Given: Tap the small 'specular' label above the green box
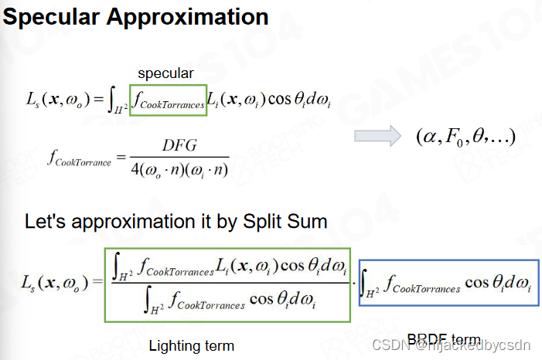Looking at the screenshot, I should pyautogui.click(x=165, y=73).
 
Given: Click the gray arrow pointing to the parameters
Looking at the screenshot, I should pyautogui.click(x=380, y=135).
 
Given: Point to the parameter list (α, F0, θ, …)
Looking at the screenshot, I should pyautogui.click(x=465, y=137).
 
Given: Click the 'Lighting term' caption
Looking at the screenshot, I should pyautogui.click(x=191, y=345).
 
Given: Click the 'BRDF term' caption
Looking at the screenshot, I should pyautogui.click(x=444, y=340).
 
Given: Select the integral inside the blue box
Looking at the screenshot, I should pyautogui.click(x=448, y=285).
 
